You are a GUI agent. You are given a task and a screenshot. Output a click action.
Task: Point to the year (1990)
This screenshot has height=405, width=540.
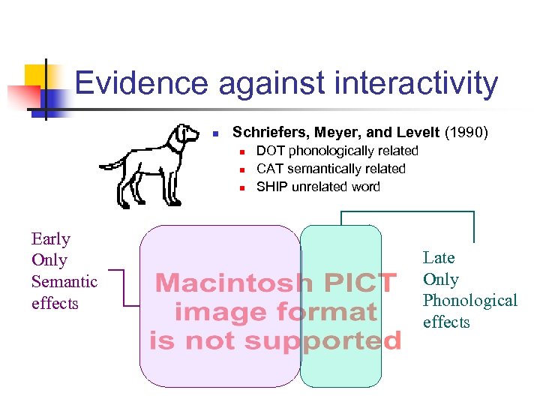pos(466,133)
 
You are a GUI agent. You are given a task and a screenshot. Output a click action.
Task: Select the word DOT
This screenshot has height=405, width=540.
pos(271,151)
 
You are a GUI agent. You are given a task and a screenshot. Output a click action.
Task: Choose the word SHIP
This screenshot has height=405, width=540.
pos(272,187)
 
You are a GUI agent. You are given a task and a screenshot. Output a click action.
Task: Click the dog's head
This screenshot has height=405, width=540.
pos(183,139)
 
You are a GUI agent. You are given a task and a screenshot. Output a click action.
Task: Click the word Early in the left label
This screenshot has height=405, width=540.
pos(50,239)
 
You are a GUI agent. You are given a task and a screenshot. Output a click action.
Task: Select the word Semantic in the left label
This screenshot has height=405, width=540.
pos(64,282)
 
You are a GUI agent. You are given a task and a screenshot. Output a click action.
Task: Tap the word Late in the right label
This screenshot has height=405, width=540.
pos(439,258)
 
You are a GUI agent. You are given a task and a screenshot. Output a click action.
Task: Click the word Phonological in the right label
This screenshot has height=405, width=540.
pos(470,301)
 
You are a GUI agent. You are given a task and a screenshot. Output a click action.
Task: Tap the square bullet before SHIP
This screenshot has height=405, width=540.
pos(242,187)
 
